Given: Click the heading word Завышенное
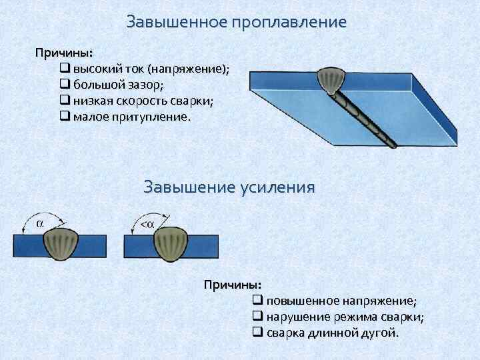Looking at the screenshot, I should tap(177, 22).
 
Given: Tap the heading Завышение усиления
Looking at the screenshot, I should tap(229, 187).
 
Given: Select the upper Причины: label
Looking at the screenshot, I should tap(64, 52).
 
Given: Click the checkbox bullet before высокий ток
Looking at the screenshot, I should tap(65, 69).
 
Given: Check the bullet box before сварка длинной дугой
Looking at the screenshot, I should tap(258, 333).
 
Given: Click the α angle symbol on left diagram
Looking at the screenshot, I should tap(39, 223).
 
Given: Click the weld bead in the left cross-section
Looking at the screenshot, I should tap(61, 244).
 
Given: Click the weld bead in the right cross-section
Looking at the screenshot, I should tap(171, 244).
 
